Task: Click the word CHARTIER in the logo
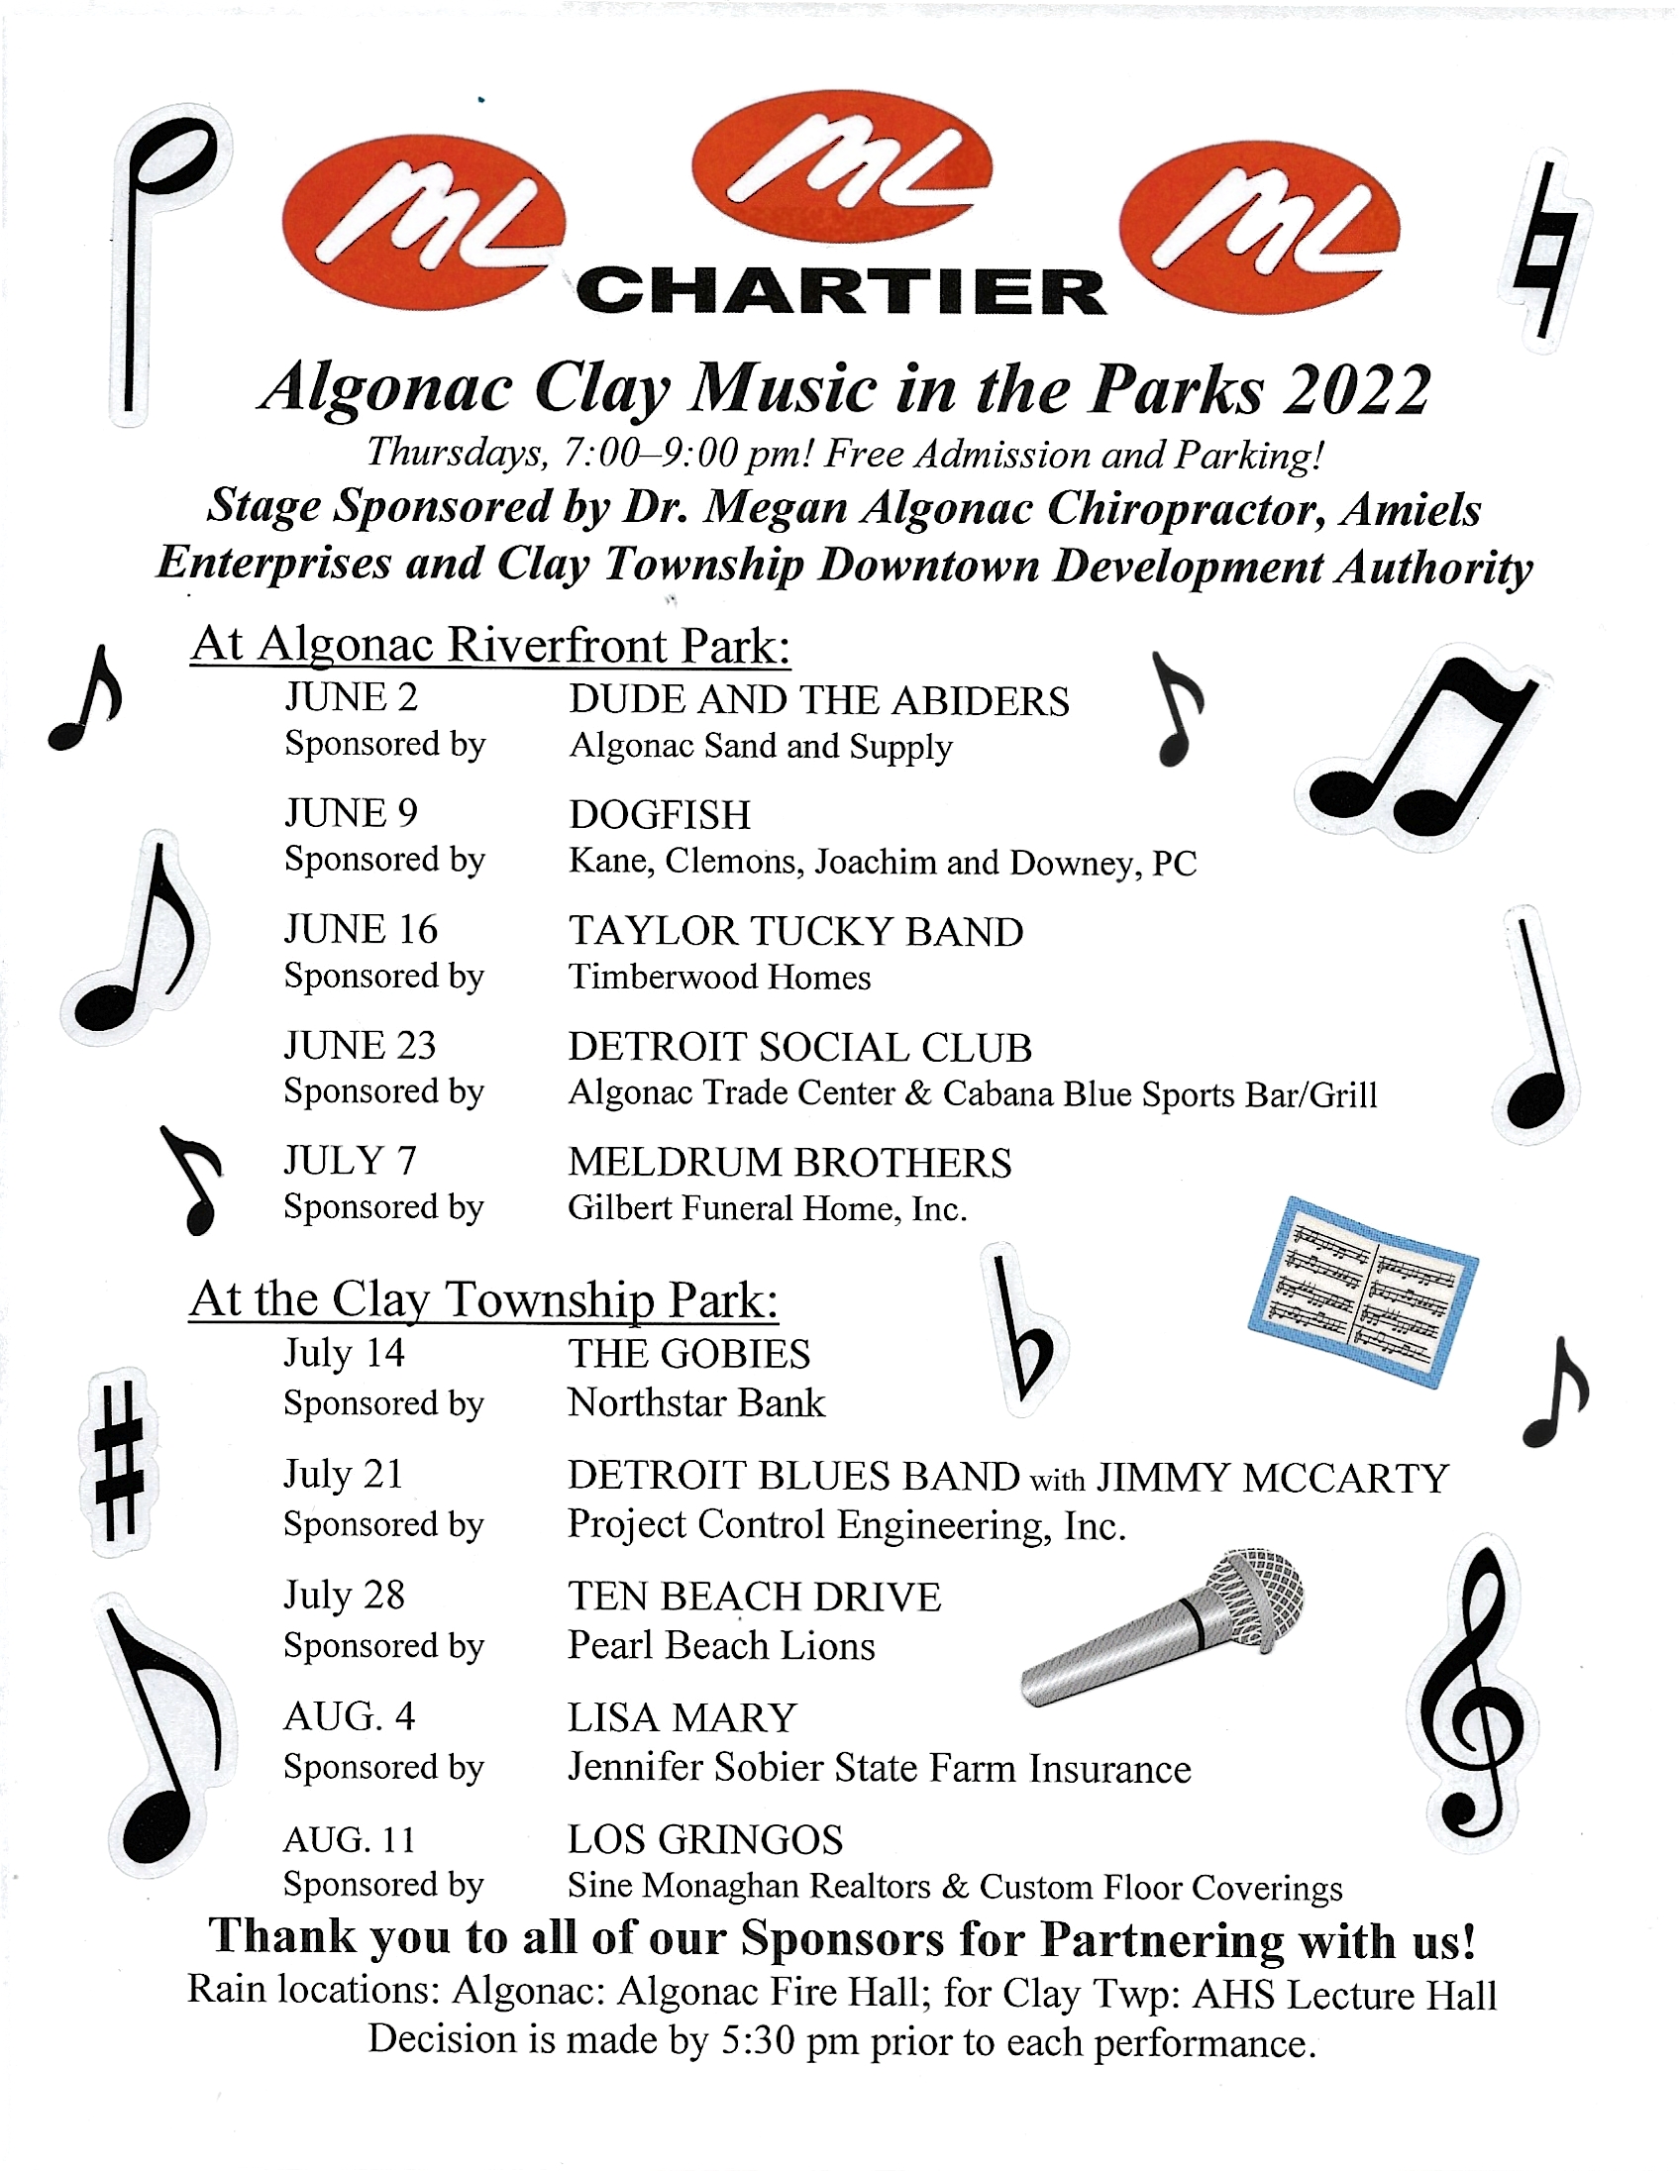[841, 291]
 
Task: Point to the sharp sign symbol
[118, 1461]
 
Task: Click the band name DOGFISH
[659, 815]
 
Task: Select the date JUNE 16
[360, 929]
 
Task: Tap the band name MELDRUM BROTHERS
[789, 1162]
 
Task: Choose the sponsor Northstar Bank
[695, 1402]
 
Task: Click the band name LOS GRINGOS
[705, 1840]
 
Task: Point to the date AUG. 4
[349, 1716]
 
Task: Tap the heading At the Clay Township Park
[484, 1299]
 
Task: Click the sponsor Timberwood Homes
[719, 978]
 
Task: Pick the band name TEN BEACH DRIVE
[754, 1597]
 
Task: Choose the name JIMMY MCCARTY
[1273, 1478]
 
